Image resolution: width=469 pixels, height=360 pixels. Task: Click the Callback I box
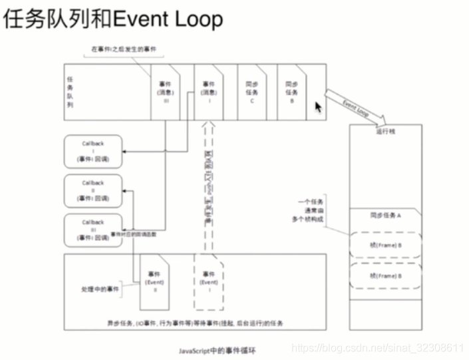tap(93, 151)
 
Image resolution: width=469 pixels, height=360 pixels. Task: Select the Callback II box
tap(93, 190)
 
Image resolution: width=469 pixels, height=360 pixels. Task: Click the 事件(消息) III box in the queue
tap(166, 92)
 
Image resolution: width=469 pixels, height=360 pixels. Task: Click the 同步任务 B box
tap(291, 92)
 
